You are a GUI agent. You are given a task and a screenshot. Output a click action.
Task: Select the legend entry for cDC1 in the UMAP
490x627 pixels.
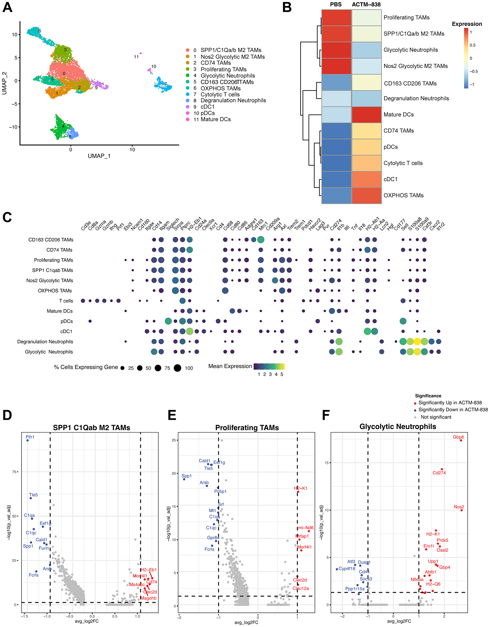pyautogui.click(x=207, y=107)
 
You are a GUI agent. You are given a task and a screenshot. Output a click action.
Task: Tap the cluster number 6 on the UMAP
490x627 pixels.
pyautogui.click(x=40, y=31)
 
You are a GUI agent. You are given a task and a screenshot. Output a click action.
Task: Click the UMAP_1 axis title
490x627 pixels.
pyautogui.click(x=99, y=156)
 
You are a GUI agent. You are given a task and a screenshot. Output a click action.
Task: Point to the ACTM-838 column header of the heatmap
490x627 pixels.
pyautogui.click(x=366, y=5)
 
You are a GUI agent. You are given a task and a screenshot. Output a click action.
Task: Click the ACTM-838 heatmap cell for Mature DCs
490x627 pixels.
pyautogui.click(x=366, y=114)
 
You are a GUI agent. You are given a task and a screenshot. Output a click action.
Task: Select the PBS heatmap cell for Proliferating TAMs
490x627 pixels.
pyautogui.click(x=336, y=18)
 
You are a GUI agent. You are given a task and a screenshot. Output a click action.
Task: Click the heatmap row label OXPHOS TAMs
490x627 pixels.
pyautogui.click(x=404, y=195)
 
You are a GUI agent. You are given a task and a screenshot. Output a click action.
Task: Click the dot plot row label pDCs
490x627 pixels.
pyautogui.click(x=67, y=321)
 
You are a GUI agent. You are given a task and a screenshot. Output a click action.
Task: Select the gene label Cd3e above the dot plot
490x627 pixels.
pyautogui.click(x=86, y=226)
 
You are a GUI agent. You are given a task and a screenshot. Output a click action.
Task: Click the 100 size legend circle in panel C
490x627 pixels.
pyautogui.click(x=177, y=368)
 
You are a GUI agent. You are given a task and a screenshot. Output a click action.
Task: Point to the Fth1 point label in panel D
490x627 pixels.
pyautogui.click(x=30, y=437)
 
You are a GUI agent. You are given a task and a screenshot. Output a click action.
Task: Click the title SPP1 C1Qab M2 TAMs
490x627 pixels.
pyautogui.click(x=91, y=427)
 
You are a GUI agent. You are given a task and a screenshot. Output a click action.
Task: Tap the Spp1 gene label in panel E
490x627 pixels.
pyautogui.click(x=187, y=476)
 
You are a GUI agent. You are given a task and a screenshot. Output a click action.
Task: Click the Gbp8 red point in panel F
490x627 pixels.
pyautogui.click(x=461, y=440)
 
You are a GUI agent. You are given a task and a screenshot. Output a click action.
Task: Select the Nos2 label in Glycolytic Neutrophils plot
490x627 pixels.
pyautogui.click(x=459, y=507)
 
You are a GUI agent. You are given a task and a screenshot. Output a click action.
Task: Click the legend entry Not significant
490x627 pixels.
pyautogui.click(x=436, y=417)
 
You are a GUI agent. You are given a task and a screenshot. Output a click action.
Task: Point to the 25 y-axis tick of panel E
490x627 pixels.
pyautogui.click(x=173, y=440)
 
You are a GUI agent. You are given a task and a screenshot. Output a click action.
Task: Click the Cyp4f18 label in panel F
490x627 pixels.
pyautogui.click(x=346, y=569)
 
